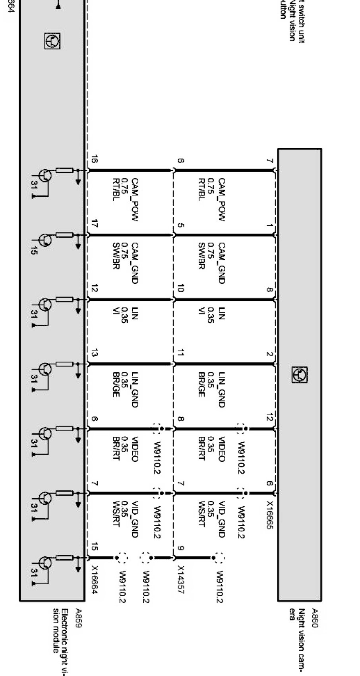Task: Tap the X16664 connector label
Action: coord(95,580)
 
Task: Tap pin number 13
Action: coord(95,353)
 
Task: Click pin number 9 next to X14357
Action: coord(181,548)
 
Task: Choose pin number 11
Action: coord(181,353)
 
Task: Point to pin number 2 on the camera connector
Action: coord(270,354)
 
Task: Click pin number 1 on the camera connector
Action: coord(270,226)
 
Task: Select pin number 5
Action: coord(181,225)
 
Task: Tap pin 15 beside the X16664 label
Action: coord(95,546)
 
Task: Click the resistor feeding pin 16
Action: coord(64,170)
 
